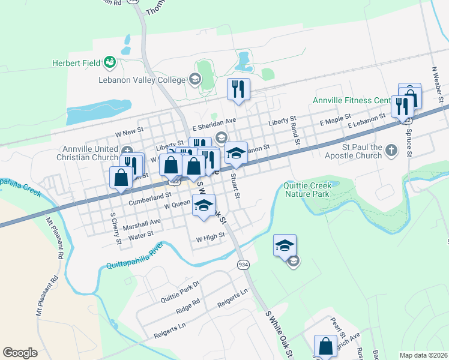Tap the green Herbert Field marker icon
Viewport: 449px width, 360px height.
pos(109,61)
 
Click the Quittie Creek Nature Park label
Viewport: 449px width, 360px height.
pos(307,190)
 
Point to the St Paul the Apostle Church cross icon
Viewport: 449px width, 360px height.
pos(391,150)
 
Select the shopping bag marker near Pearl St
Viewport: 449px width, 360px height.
pos(325,346)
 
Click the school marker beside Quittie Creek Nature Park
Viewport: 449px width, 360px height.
pos(285,245)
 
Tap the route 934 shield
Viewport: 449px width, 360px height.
pos(243,265)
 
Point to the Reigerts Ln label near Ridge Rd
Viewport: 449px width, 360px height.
pos(232,298)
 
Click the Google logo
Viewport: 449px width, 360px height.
pos(20,353)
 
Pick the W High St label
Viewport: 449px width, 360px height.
pos(210,238)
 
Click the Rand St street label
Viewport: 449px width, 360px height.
pos(295,136)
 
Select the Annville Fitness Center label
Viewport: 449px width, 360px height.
pos(351,100)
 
